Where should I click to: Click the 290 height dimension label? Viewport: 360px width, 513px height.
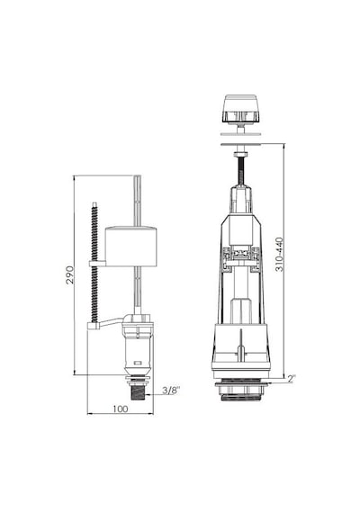[70, 274]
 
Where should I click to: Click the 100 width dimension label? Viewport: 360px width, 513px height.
[121, 409]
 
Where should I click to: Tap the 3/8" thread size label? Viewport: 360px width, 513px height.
[171, 391]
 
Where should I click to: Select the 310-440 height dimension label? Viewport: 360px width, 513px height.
[280, 254]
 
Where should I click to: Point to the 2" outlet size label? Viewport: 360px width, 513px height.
[292, 378]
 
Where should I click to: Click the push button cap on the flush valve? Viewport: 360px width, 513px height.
[240, 109]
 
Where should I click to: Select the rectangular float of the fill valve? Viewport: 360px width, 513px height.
[130, 246]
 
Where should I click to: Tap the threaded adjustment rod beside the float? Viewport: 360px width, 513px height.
[94, 264]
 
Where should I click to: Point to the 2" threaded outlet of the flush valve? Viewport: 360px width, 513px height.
[241, 390]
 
